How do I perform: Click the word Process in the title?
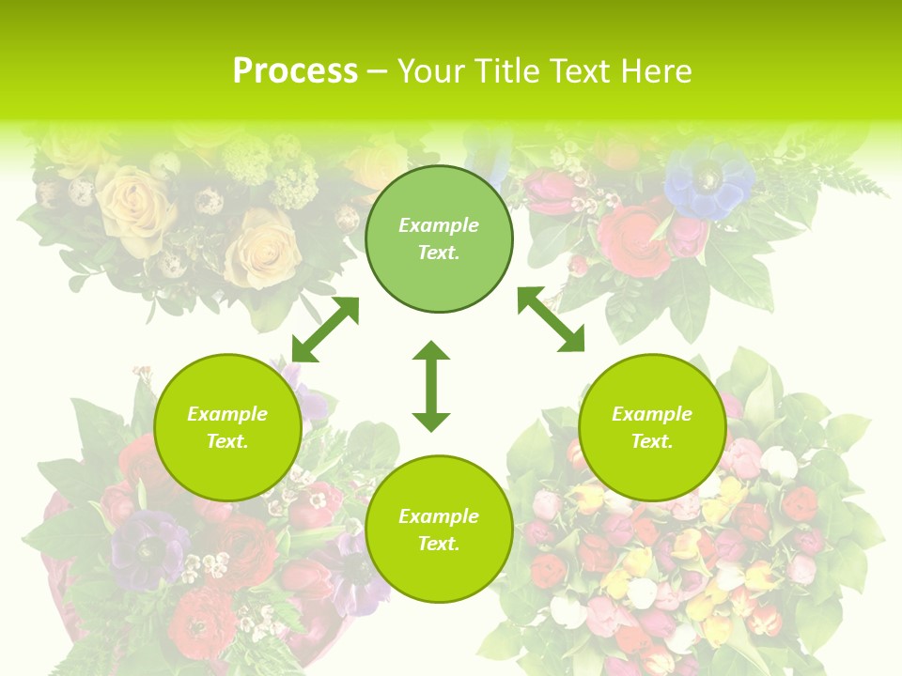tap(295, 71)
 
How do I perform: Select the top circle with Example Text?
tap(439, 238)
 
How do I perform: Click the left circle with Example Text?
tap(227, 427)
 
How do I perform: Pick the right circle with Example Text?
tap(652, 427)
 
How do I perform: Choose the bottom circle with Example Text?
tap(439, 530)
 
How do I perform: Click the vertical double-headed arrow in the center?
tap(431, 386)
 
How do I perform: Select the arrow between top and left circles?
tap(325, 330)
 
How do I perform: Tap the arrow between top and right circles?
tap(551, 319)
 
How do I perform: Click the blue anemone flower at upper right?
tap(708, 180)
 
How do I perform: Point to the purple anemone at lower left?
tap(150, 546)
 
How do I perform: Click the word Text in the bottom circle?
tap(439, 544)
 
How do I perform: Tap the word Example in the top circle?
tap(439, 225)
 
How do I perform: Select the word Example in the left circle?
tap(227, 414)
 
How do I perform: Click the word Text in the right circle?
tap(652, 441)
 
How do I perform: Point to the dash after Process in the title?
tap(377, 72)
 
